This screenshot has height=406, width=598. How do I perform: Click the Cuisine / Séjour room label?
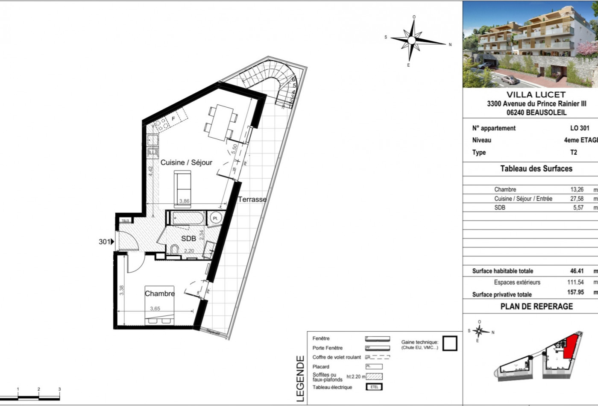click(x=186, y=162)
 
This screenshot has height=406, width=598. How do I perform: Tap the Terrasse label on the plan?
click(x=252, y=199)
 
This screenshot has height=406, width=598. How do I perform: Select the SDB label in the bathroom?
click(x=188, y=238)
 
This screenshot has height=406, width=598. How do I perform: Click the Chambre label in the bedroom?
click(x=159, y=294)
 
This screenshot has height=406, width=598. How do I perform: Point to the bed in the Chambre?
click(x=159, y=306)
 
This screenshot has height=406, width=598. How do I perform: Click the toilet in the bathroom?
click(x=174, y=250)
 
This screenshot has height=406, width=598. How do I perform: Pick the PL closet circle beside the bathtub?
click(x=215, y=218)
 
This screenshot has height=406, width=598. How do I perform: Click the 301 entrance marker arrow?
click(x=112, y=242)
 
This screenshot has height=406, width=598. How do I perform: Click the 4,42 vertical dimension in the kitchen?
click(x=150, y=171)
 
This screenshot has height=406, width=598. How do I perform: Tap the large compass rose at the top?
click(x=411, y=40)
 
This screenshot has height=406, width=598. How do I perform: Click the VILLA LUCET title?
click(x=536, y=95)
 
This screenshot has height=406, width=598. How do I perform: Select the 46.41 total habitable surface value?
click(x=576, y=271)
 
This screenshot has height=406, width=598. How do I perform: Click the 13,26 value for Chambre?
click(x=577, y=189)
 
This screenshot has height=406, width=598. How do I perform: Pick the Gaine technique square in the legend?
click(x=449, y=344)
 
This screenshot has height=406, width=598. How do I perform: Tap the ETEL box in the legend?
click(x=374, y=387)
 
